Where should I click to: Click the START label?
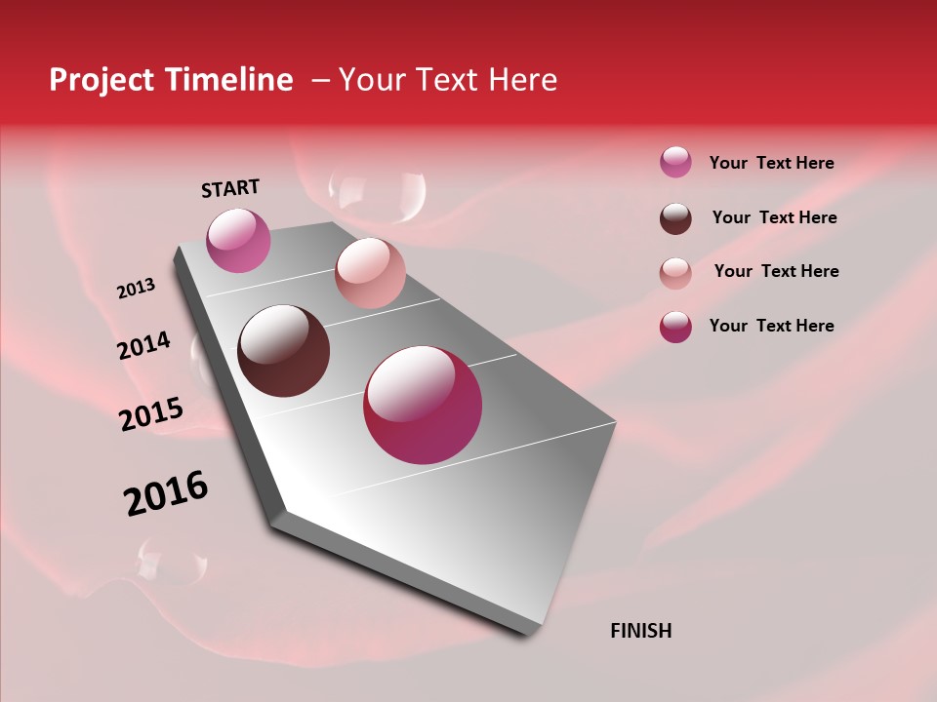[x=230, y=188]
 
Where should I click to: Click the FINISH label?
[x=640, y=631]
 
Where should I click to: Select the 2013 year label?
[x=136, y=289]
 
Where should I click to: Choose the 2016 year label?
[x=166, y=493]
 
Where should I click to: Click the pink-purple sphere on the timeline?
[x=238, y=240]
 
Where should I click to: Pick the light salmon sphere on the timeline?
[x=370, y=273]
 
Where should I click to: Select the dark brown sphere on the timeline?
[x=283, y=351]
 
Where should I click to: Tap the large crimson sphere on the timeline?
[x=423, y=405]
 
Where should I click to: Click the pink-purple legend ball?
[x=675, y=162]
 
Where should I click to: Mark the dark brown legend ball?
[x=675, y=218]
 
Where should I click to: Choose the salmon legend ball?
[x=675, y=273]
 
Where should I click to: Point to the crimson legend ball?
[x=675, y=327]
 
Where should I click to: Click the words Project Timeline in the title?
[x=171, y=80]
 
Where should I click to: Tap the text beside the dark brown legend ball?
[x=774, y=217]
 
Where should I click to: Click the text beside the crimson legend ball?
[x=771, y=326]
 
